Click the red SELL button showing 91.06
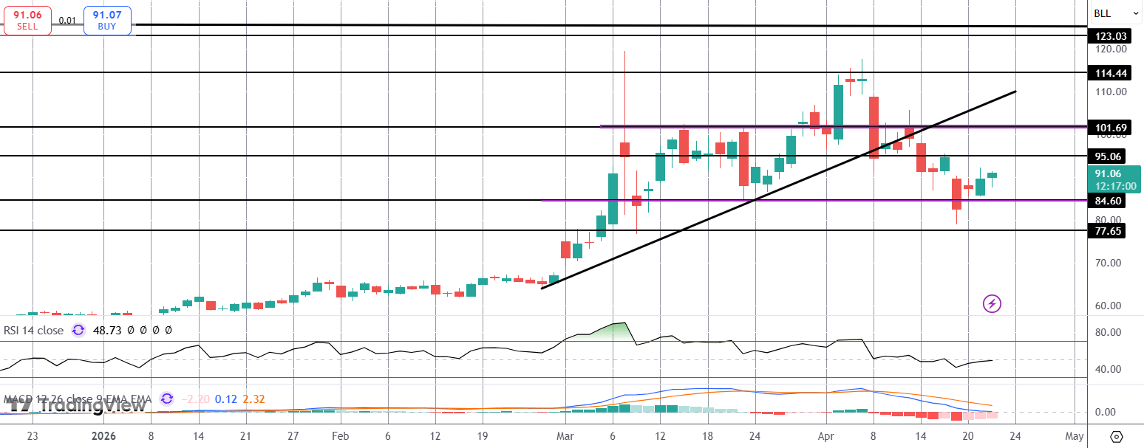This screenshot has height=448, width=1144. click(27, 19)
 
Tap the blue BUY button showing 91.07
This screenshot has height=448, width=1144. click(108, 19)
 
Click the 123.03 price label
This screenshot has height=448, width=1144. click(1111, 36)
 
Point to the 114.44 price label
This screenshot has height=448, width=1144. click(1111, 73)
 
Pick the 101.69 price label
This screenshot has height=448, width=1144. click(1111, 128)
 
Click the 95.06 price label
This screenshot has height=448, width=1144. click(1108, 156)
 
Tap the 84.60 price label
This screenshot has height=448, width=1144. click(1108, 201)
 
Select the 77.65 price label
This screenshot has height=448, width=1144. click(1108, 231)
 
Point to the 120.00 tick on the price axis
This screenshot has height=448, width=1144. click(1111, 49)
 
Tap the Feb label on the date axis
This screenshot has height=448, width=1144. click(339, 435)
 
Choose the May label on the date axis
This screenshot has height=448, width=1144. click(1075, 435)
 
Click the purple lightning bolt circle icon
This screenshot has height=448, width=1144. click(992, 303)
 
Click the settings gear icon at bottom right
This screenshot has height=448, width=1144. click(1117, 436)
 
